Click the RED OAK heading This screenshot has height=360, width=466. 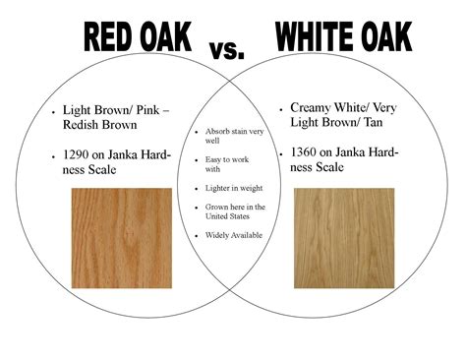(138, 36)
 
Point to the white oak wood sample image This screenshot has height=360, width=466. (345, 232)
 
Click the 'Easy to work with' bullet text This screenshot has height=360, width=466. (225, 163)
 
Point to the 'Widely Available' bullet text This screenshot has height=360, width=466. (233, 235)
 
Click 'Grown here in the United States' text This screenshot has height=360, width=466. (234, 212)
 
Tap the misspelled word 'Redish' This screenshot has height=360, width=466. (82, 126)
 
